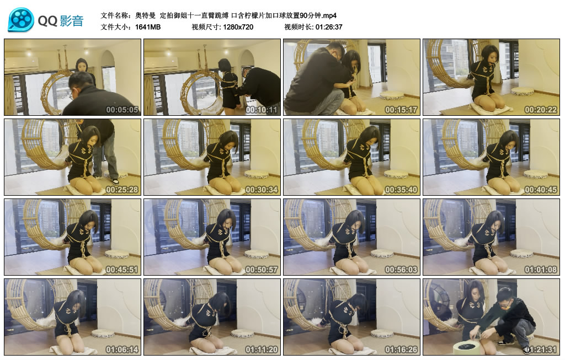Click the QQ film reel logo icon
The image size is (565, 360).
tap(21, 20)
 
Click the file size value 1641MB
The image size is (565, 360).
tap(148, 26)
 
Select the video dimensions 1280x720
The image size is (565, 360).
tap(238, 26)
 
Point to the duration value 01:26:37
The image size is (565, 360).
tap(329, 26)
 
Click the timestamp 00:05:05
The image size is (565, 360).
tap(121, 109)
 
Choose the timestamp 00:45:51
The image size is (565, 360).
tap(121, 270)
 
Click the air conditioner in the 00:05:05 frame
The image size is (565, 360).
tap(22, 65)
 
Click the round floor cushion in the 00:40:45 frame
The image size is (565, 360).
tap(535, 174)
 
